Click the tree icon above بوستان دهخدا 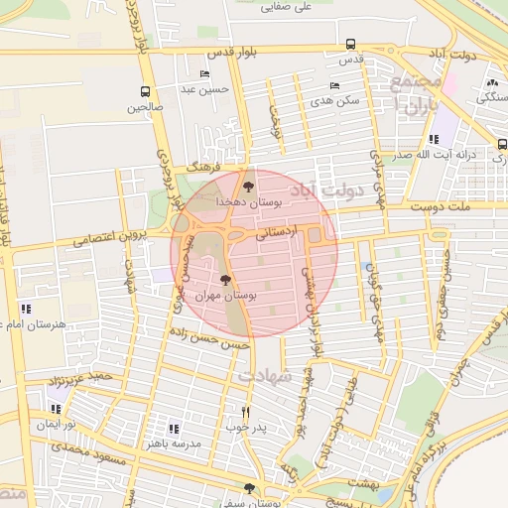click(248, 186)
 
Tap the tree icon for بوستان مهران click(226, 281)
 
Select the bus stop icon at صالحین click(146, 91)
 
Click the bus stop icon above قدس click(350, 44)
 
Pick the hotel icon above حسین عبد click(205, 74)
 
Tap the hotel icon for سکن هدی click(334, 85)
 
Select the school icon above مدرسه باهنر click(174, 429)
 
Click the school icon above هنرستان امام click(25, 309)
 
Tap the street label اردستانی click(277, 235)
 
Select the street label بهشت click(362, 480)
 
